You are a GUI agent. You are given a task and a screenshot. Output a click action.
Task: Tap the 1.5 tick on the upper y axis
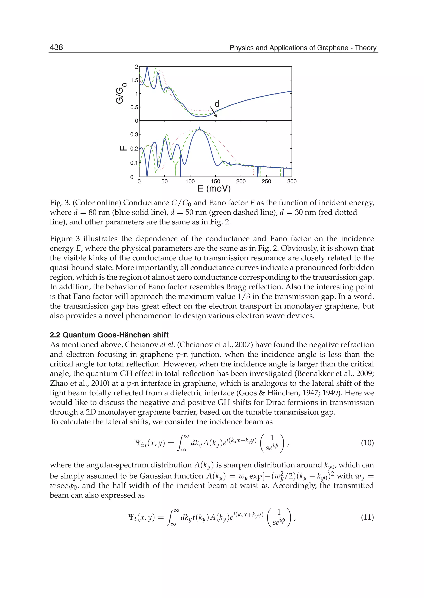coord(134,80)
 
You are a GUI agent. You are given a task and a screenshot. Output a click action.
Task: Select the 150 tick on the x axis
coord(215,182)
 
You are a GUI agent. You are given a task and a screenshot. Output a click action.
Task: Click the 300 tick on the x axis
coord(292,182)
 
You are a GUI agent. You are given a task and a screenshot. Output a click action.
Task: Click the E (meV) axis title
coord(214,189)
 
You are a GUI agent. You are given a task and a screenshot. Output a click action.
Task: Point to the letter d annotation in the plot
coord(217,104)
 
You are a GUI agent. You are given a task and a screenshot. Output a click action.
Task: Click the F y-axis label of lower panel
coord(123,148)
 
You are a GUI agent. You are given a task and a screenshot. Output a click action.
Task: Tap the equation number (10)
coord(367,443)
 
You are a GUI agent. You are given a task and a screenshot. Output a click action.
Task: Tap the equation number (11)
coord(367,517)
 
